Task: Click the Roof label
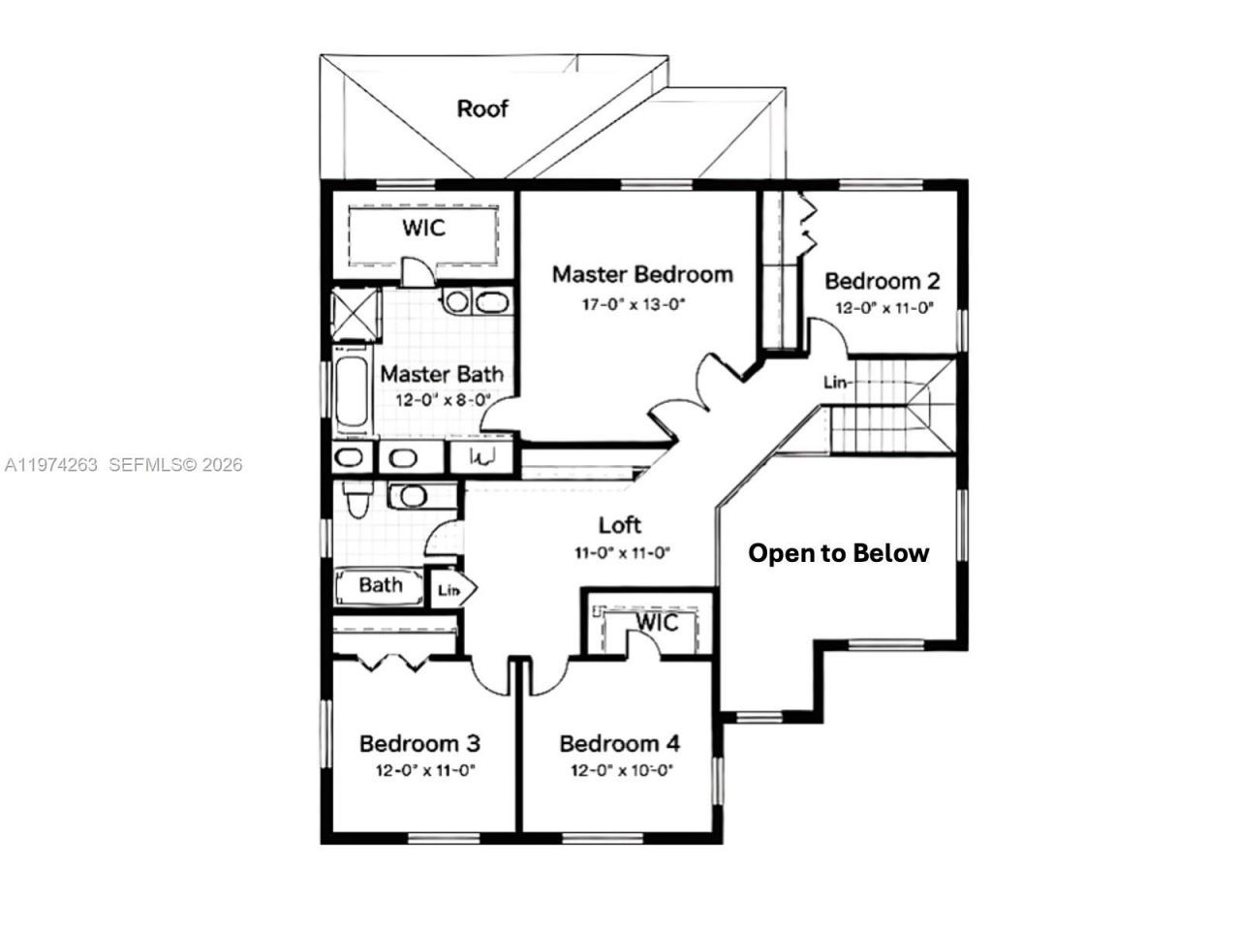tap(481, 108)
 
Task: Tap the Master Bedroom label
tap(642, 274)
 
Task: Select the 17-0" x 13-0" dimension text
tap(634, 305)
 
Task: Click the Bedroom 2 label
tap(882, 281)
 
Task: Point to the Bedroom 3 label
tap(419, 744)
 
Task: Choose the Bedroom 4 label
tap(619, 744)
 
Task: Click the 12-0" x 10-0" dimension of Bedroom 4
tap(621, 771)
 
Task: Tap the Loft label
tap(620, 525)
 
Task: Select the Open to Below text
tap(838, 553)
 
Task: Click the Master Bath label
tap(441, 374)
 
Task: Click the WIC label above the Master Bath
tap(423, 228)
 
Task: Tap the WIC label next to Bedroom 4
tap(657, 623)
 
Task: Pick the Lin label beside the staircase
tap(835, 383)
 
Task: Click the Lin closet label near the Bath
tap(449, 591)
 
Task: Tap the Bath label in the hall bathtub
tap(381, 585)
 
